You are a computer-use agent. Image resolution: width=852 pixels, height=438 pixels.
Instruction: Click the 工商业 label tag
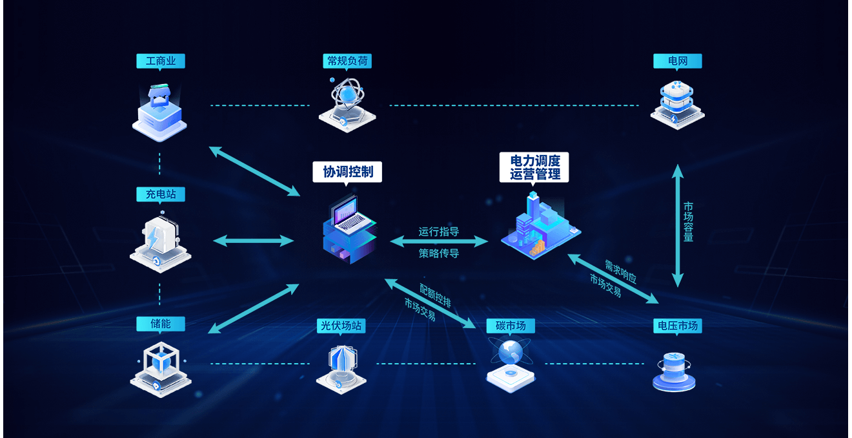[x=161, y=61]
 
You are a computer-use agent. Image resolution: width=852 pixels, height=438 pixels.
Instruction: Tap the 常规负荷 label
[x=347, y=61]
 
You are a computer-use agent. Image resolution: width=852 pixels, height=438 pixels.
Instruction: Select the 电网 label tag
[x=677, y=61]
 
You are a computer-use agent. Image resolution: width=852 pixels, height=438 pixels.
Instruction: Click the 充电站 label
[x=161, y=194]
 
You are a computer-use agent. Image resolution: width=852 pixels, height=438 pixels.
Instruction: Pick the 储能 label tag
[x=161, y=324]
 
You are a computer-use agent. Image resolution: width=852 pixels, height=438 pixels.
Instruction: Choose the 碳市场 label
[x=510, y=326]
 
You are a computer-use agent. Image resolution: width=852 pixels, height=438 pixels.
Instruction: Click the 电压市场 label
[x=677, y=326]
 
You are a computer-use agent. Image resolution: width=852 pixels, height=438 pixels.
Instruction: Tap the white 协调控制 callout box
[x=347, y=172]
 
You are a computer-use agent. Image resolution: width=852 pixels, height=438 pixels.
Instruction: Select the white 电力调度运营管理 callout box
[x=534, y=167]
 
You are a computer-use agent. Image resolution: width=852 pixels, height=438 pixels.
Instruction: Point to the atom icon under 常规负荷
[x=347, y=100]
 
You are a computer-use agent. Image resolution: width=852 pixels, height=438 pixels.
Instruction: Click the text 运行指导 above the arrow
[x=438, y=231]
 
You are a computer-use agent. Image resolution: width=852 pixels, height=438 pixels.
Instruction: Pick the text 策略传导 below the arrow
[x=438, y=253]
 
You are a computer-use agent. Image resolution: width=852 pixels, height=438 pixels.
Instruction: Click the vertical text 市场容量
[x=689, y=222]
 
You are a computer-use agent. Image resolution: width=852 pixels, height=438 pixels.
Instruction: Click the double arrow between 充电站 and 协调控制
[x=254, y=241]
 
